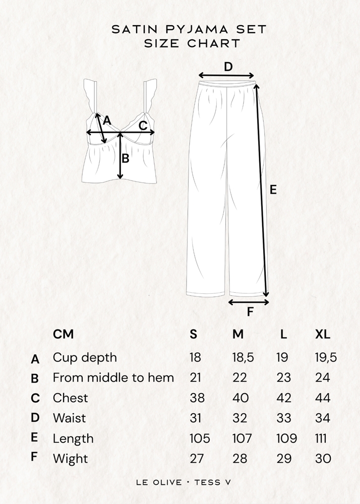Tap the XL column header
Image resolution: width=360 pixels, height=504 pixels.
[323, 334]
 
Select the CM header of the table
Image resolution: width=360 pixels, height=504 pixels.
[64, 334]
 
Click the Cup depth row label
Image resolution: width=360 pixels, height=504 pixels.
[85, 358]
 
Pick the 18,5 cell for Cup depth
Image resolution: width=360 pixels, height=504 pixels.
[243, 358]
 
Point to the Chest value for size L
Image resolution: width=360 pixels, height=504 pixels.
[284, 398]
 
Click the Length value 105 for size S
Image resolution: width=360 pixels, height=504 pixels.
[200, 438]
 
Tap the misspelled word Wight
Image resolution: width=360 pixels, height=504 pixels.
[70, 459]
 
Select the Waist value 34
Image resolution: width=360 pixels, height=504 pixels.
[323, 418]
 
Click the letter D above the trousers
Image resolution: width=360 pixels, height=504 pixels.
[228, 67]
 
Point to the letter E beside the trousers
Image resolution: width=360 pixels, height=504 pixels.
[273, 190]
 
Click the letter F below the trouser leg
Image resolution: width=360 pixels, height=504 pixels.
[250, 312]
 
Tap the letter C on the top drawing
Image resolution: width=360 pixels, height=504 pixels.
[143, 125]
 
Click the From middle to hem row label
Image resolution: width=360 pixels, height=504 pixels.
[113, 377]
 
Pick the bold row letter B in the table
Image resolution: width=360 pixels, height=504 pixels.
[35, 379]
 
